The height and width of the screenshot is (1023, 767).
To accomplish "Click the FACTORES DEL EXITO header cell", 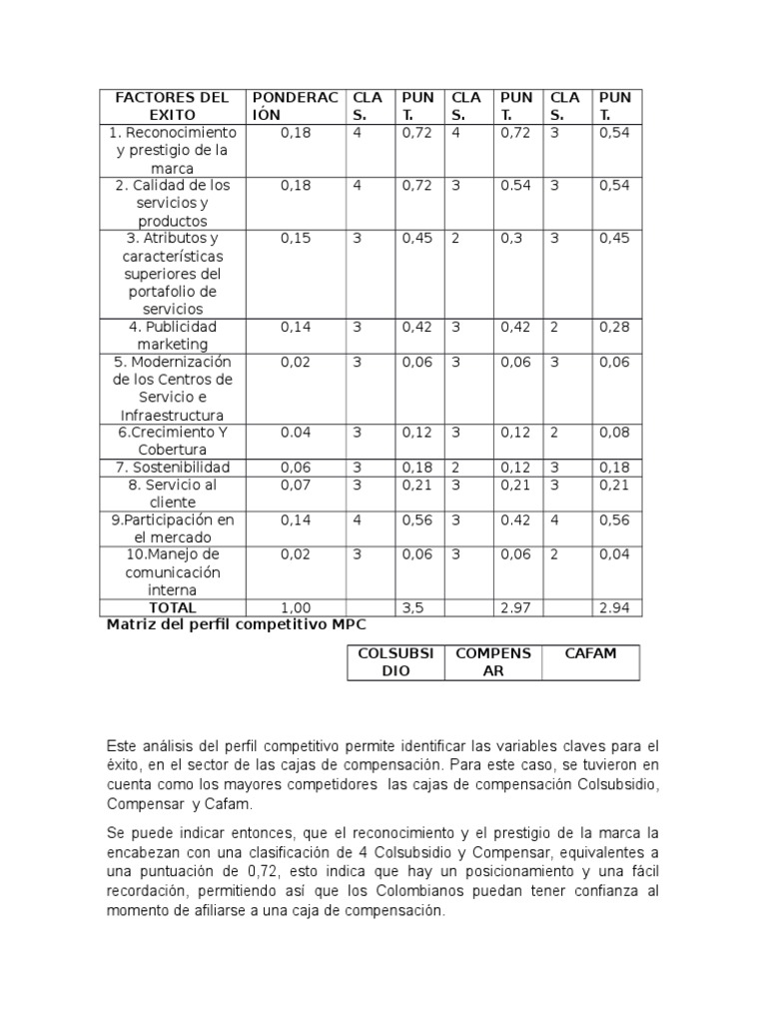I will tap(173, 106).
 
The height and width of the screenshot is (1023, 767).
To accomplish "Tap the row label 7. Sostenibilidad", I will tap(173, 468).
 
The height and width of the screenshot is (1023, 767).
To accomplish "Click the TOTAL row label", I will tap(173, 607).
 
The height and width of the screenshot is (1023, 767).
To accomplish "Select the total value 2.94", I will tap(614, 607).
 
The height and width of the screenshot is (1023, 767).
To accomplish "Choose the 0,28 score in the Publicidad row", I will tap(614, 327).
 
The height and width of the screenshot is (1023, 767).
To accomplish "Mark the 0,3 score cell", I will tap(512, 239).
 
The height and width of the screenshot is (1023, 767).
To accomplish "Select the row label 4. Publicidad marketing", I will tap(173, 336).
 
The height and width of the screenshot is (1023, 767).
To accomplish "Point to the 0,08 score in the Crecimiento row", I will tap(614, 433).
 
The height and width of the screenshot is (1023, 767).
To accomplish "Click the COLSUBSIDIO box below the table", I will tap(395, 662).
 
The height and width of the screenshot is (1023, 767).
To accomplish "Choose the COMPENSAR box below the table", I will tap(493, 662).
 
